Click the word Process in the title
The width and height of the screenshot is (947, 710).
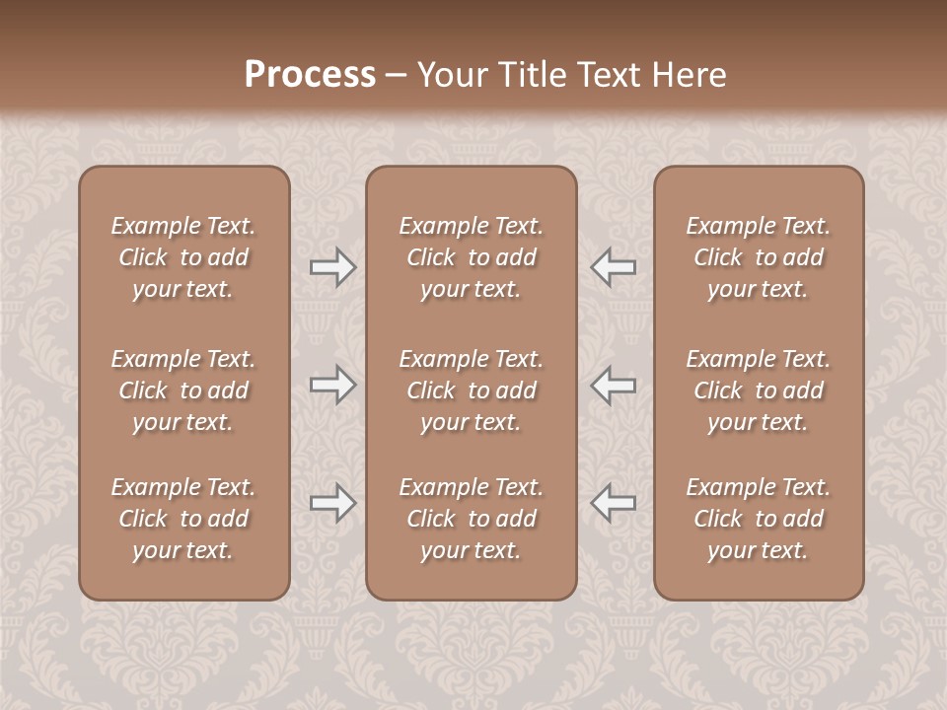click(310, 75)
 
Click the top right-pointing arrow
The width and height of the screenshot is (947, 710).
click(332, 267)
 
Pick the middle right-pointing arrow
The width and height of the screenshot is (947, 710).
click(332, 385)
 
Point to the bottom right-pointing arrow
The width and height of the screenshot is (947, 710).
click(332, 503)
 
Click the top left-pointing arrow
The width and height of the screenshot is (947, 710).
click(613, 267)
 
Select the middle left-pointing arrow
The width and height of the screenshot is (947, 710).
click(613, 385)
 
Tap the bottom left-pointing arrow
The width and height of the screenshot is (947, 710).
click(613, 503)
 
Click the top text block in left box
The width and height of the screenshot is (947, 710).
click(183, 257)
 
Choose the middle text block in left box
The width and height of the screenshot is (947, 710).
click(183, 390)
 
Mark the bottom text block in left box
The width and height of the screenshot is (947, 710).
click(183, 519)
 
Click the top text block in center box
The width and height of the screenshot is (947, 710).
click(471, 257)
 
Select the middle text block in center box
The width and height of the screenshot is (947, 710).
click(471, 390)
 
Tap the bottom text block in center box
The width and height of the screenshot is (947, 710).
click(471, 519)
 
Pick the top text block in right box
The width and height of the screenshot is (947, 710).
click(758, 257)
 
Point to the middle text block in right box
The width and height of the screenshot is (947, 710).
click(758, 390)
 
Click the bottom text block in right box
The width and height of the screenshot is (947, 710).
click(758, 519)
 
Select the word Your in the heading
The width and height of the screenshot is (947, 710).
click(451, 75)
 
